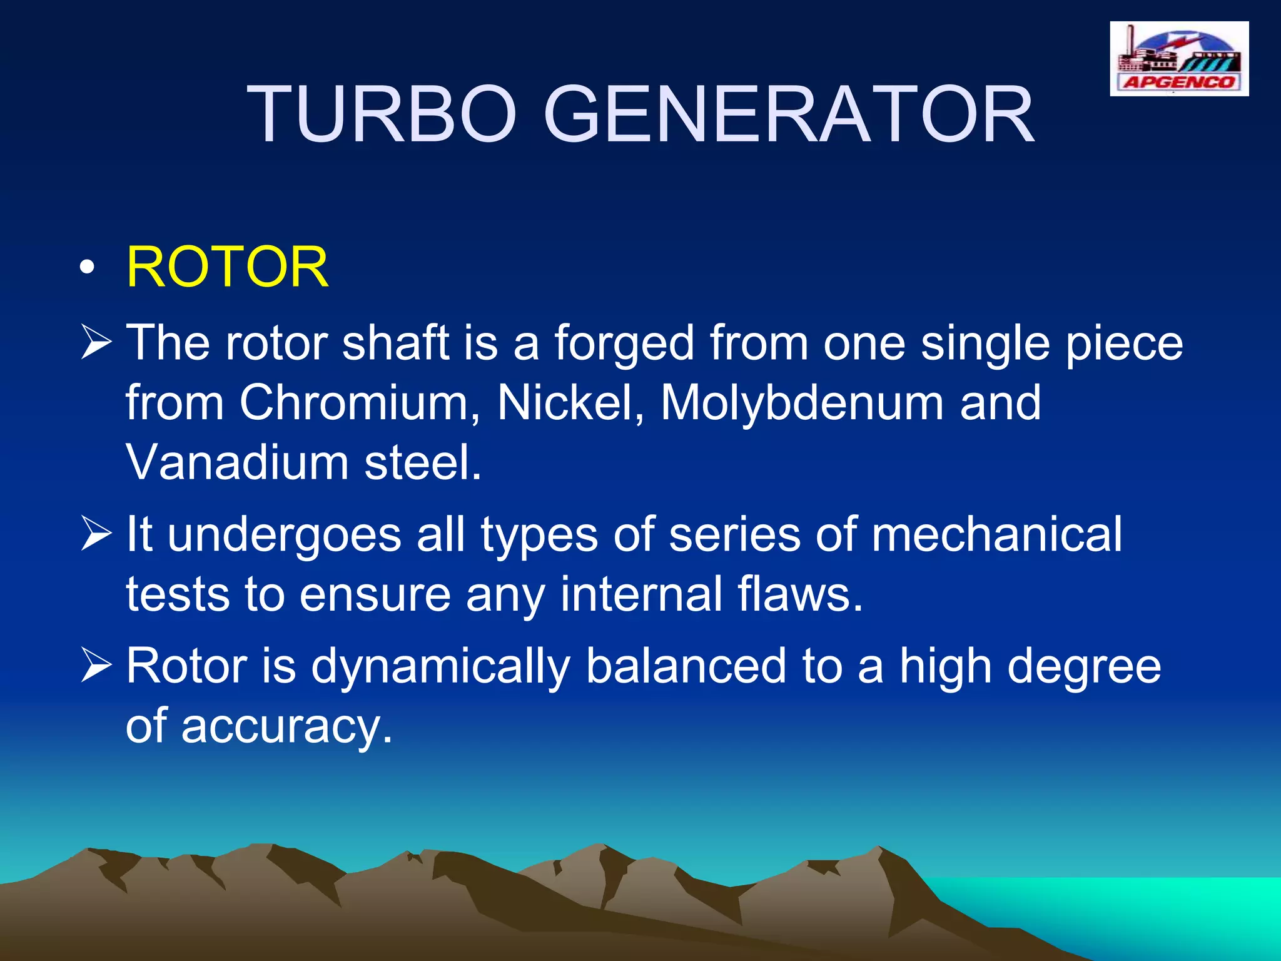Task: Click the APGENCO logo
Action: point(1179,59)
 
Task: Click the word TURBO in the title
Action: point(382,115)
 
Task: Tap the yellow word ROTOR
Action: point(227,267)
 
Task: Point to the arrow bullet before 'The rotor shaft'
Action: point(96,343)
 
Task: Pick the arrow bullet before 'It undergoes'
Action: point(96,535)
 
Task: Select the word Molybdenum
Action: point(802,404)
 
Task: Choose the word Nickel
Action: point(570,402)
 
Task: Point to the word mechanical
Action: point(996,535)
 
